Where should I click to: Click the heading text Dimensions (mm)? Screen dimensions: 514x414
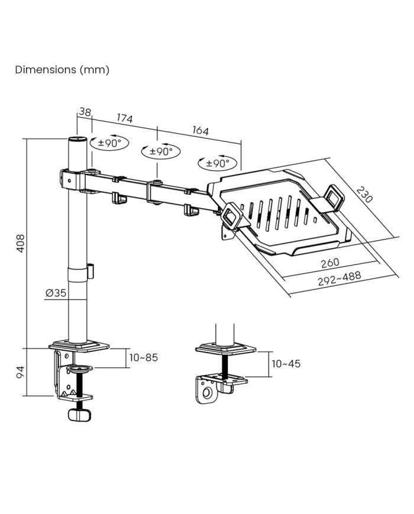point(62,70)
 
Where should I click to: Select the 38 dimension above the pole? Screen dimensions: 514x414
point(85,111)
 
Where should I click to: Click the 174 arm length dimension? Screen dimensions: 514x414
point(124,118)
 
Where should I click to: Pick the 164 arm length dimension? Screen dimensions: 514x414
point(200,130)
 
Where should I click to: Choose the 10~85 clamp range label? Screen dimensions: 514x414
point(144,357)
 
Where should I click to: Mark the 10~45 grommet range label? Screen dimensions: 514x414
point(286,363)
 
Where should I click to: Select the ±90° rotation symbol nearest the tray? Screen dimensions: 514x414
point(218,163)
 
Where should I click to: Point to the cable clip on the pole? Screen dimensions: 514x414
point(91,270)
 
